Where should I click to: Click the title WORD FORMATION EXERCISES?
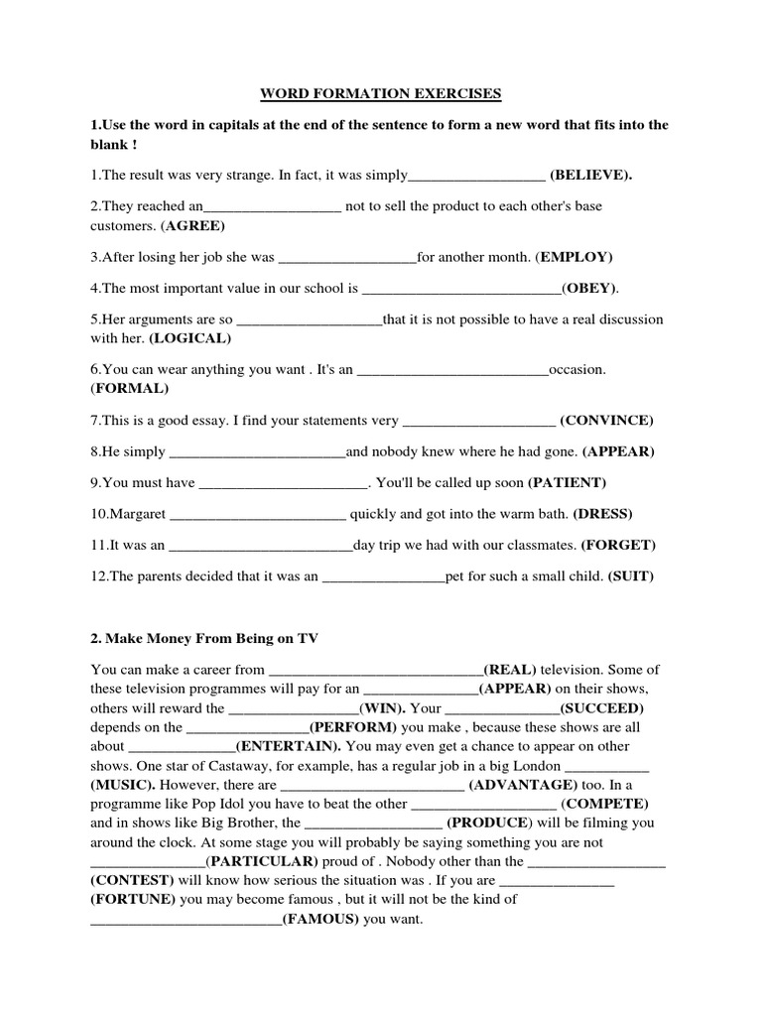point(381,94)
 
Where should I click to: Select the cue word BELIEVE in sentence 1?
point(591,176)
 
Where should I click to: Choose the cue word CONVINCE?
point(606,421)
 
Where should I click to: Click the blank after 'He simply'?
point(257,451)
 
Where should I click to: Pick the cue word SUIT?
point(631,576)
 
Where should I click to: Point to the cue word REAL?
point(506,670)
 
